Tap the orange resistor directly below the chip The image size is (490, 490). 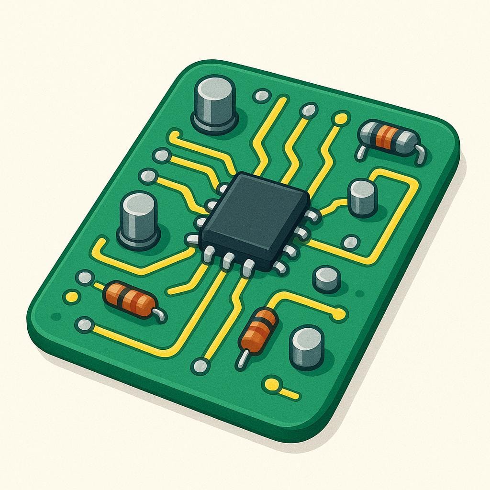[258, 330]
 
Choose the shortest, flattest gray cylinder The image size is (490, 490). [327, 279]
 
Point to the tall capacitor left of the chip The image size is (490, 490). [139, 220]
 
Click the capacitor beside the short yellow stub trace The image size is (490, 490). [307, 346]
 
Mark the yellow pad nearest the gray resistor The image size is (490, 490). [341, 118]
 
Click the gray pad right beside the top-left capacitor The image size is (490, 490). [261, 96]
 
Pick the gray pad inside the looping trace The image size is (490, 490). [351, 243]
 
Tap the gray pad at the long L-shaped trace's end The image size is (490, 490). [85, 325]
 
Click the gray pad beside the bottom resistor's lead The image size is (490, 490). [200, 367]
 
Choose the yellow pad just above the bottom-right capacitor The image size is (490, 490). [339, 314]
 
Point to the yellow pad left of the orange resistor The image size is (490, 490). [71, 297]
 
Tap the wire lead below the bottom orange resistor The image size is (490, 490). [243, 359]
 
